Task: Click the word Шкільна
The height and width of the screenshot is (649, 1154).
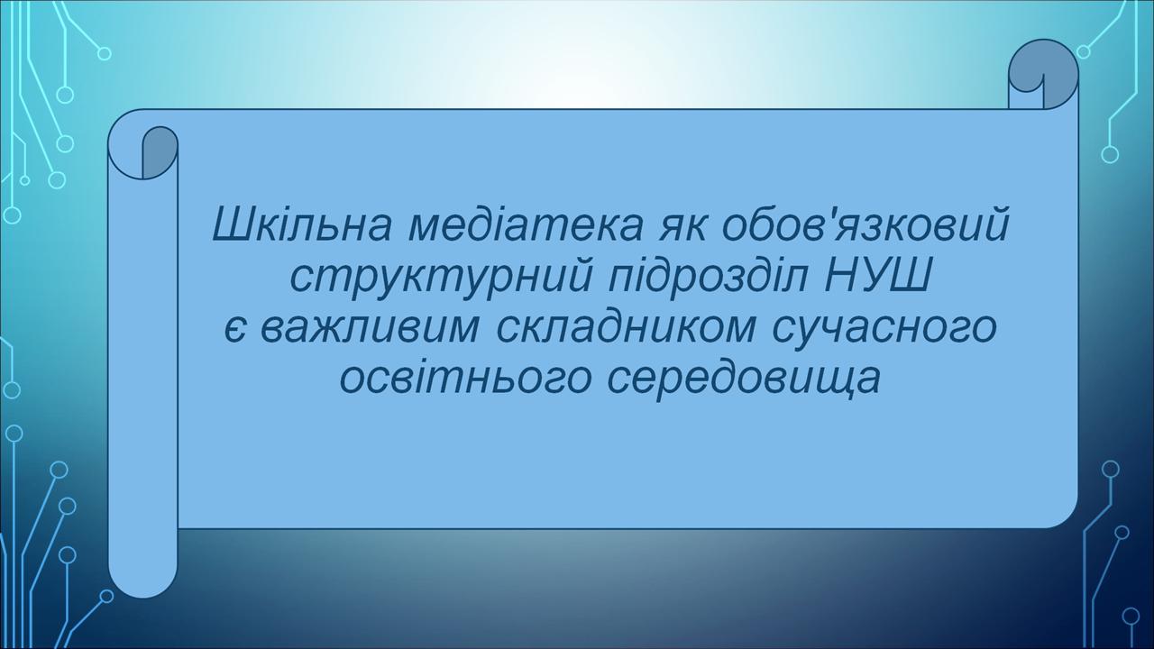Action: click(302, 224)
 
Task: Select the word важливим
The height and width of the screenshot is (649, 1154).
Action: click(370, 330)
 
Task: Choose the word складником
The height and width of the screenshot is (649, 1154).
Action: click(626, 331)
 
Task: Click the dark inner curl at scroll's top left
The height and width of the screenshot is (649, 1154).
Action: click(160, 152)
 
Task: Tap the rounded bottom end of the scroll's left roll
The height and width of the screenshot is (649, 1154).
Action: click(143, 587)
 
